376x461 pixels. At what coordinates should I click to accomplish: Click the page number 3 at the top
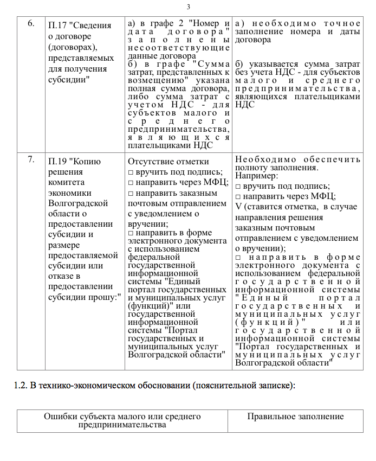[x=189, y=7]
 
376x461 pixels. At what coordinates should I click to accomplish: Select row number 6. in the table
[x=31, y=24]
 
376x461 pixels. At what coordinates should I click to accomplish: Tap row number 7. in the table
[x=31, y=159]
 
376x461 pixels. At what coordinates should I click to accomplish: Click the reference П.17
[x=57, y=25]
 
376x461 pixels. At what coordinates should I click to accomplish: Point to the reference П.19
[x=58, y=161]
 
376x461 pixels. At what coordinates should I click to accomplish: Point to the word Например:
[x=256, y=176]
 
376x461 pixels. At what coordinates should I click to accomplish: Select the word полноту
[x=252, y=168]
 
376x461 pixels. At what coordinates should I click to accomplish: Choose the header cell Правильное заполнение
[x=295, y=417]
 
